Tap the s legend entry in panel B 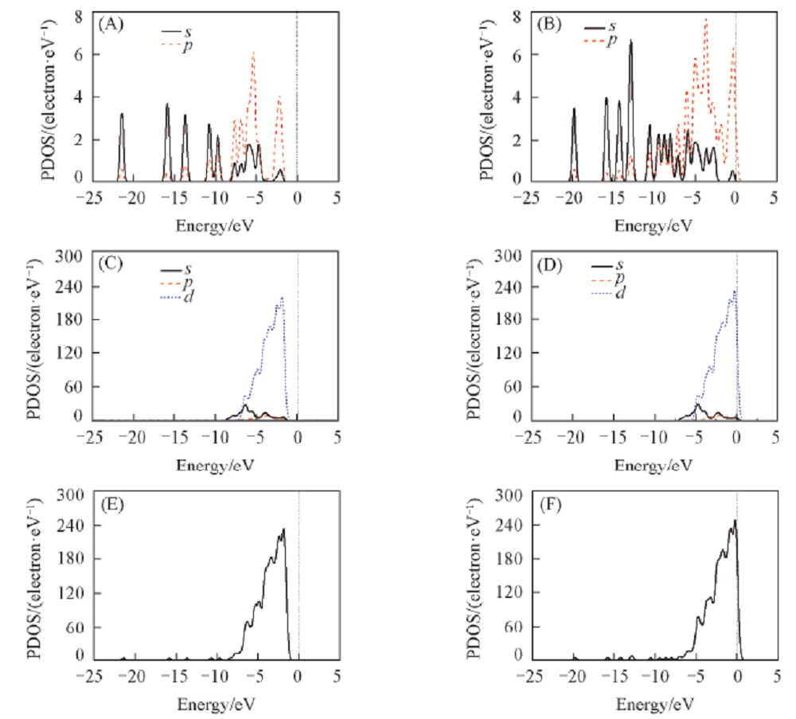(x=611, y=26)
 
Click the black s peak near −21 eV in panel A (x=122, y=115)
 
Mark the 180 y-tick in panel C (x=71, y=319)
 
